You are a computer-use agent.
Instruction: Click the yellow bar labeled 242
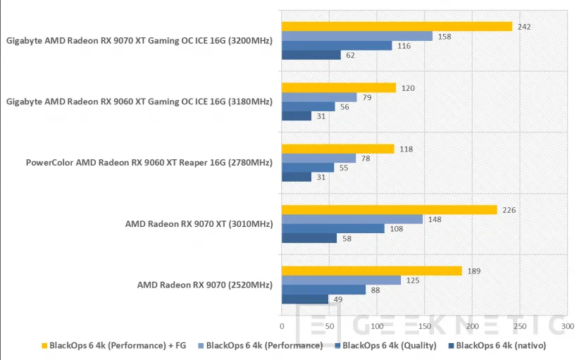[x=397, y=27]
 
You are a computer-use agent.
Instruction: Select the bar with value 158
[x=356, y=36]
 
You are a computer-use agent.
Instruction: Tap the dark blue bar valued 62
[x=311, y=55]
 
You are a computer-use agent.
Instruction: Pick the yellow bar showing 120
[x=339, y=88]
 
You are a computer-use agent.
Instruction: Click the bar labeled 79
[x=319, y=97]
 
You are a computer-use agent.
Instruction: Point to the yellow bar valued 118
[x=337, y=149]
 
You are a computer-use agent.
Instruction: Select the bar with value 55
[x=308, y=168]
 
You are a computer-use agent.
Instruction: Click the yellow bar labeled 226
[x=389, y=210]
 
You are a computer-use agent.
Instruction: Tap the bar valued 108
[x=333, y=228]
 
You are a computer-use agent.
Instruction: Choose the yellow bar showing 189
[x=371, y=271]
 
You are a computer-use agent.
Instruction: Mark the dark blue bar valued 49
[x=305, y=299]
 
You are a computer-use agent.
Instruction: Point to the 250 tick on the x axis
[x=520, y=326]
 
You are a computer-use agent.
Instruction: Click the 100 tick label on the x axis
[x=377, y=326]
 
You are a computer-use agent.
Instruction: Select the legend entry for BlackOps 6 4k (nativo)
[x=501, y=345]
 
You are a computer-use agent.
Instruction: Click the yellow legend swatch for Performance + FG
[x=44, y=346]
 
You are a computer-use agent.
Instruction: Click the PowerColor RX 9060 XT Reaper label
[x=149, y=163]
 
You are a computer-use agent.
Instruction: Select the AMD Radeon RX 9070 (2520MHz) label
[x=204, y=285]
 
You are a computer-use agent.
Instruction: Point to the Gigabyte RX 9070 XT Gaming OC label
[x=139, y=41]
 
